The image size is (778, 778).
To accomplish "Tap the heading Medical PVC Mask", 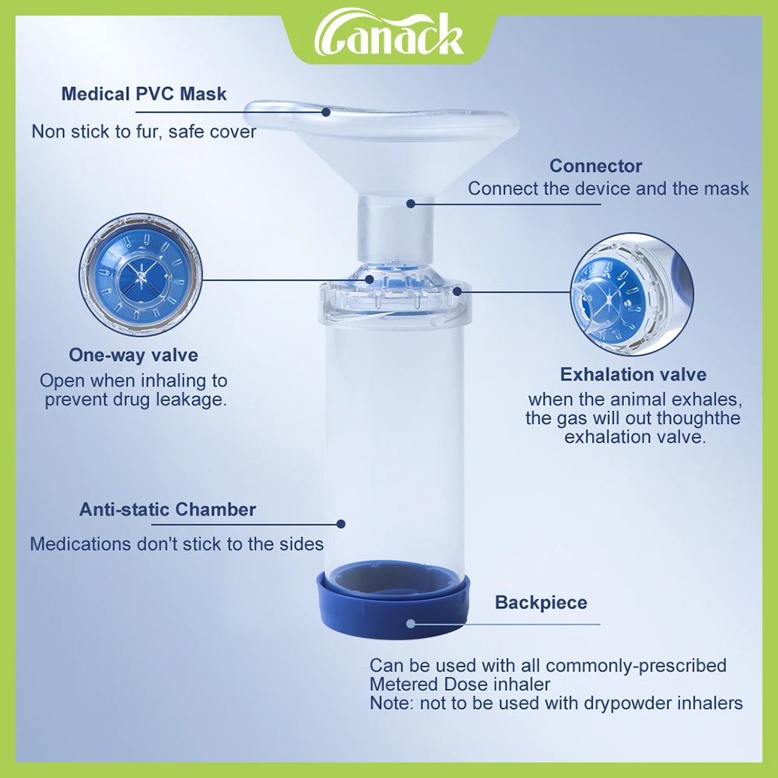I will [144, 94].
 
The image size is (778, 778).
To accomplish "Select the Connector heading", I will [595, 166].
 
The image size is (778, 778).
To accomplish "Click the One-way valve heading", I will [133, 356].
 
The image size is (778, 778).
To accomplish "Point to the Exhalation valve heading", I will [633, 375].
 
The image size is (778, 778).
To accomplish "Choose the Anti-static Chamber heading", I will [167, 510].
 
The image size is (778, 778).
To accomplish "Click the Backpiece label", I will [541, 603].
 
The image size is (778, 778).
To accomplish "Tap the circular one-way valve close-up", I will [141, 275].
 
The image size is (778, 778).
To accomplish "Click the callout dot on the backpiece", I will [411, 623].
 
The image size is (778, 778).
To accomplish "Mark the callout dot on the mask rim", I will [326, 111].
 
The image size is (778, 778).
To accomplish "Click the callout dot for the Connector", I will [409, 204].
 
